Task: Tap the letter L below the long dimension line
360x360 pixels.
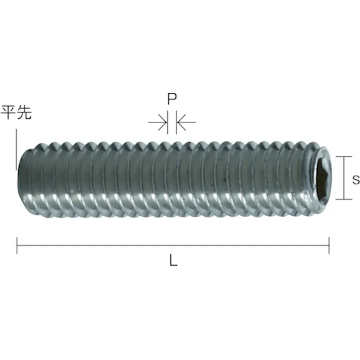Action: [x=173, y=262]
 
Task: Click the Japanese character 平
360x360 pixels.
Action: [x=9, y=113]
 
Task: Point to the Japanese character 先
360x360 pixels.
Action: [x=24, y=113]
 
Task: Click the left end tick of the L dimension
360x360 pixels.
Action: [x=17, y=245]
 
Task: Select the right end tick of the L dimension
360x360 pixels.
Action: [x=329, y=245]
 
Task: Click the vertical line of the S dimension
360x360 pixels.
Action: [x=344, y=179]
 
